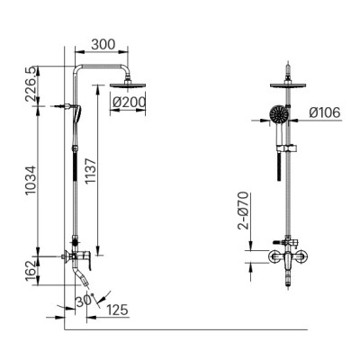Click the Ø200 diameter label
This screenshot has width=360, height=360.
click(130, 102)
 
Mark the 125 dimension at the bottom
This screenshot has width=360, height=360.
click(117, 310)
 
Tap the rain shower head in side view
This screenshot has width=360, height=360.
click(127, 85)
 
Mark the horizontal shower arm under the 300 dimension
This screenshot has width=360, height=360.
click(101, 70)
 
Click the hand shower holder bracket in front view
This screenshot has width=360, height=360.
click(287, 144)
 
